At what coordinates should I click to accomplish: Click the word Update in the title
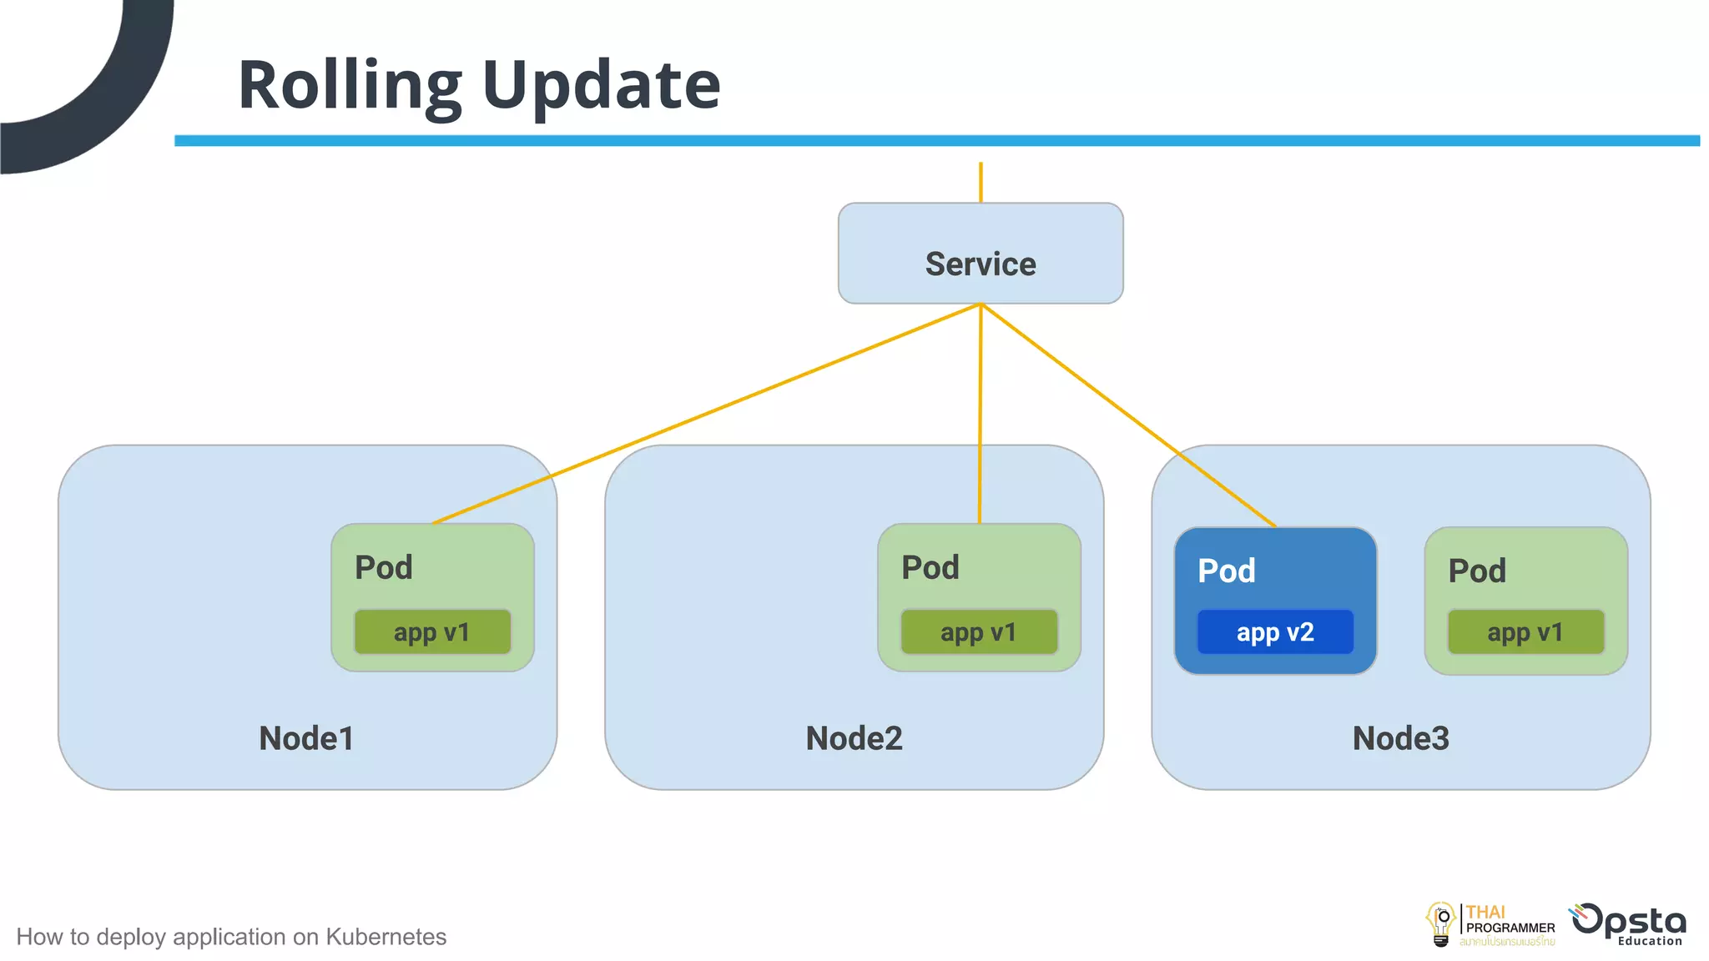601,85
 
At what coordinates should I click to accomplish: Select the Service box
981,254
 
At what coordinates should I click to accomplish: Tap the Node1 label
306,738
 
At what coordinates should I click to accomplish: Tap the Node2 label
854,738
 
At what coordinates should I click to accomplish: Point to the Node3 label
1400,738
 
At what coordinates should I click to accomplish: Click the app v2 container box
1275,632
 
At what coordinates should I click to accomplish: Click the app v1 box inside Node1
432,632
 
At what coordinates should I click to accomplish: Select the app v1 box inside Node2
979,632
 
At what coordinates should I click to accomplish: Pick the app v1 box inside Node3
1525,632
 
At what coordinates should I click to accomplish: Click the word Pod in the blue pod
1226,571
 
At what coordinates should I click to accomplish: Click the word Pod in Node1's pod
383,568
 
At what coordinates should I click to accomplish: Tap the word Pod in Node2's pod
930,568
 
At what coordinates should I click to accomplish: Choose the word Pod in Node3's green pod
1476,571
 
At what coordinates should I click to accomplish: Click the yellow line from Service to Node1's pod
705,414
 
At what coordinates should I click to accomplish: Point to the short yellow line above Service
981,183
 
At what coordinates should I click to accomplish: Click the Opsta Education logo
1629,924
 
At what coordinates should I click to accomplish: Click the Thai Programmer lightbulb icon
1441,924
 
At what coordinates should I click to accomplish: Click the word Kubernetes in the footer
386,937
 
